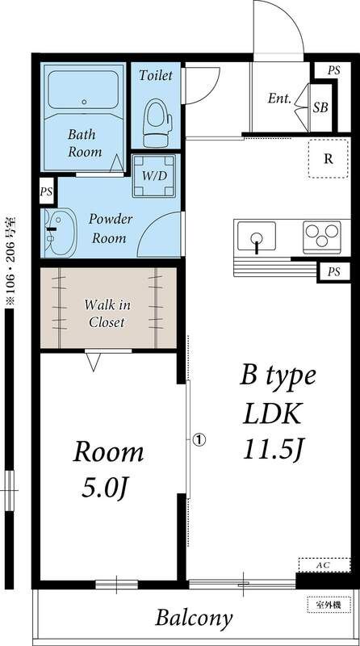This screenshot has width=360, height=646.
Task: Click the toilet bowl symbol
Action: [x=155, y=123]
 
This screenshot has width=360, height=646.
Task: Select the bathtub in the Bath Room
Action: [x=83, y=90]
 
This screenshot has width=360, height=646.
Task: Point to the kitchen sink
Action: [x=256, y=236]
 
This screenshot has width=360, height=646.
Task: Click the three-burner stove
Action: [x=322, y=237]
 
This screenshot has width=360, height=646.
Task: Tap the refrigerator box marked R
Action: [x=329, y=158]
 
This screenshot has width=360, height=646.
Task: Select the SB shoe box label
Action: [x=320, y=107]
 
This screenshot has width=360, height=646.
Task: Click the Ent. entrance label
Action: [x=279, y=99]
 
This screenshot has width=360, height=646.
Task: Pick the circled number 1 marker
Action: [x=199, y=439]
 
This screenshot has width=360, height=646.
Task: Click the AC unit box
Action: [x=324, y=564]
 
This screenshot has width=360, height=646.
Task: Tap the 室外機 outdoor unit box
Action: [x=329, y=605]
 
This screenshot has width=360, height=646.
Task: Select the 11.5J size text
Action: [x=274, y=450]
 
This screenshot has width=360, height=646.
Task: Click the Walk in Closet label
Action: [x=107, y=313]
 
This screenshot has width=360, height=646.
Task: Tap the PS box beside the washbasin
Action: [x=47, y=191]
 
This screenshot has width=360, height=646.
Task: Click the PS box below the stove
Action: [x=334, y=272]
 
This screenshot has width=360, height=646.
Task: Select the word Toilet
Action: [x=155, y=75]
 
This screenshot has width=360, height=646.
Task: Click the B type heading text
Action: [x=278, y=377]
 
